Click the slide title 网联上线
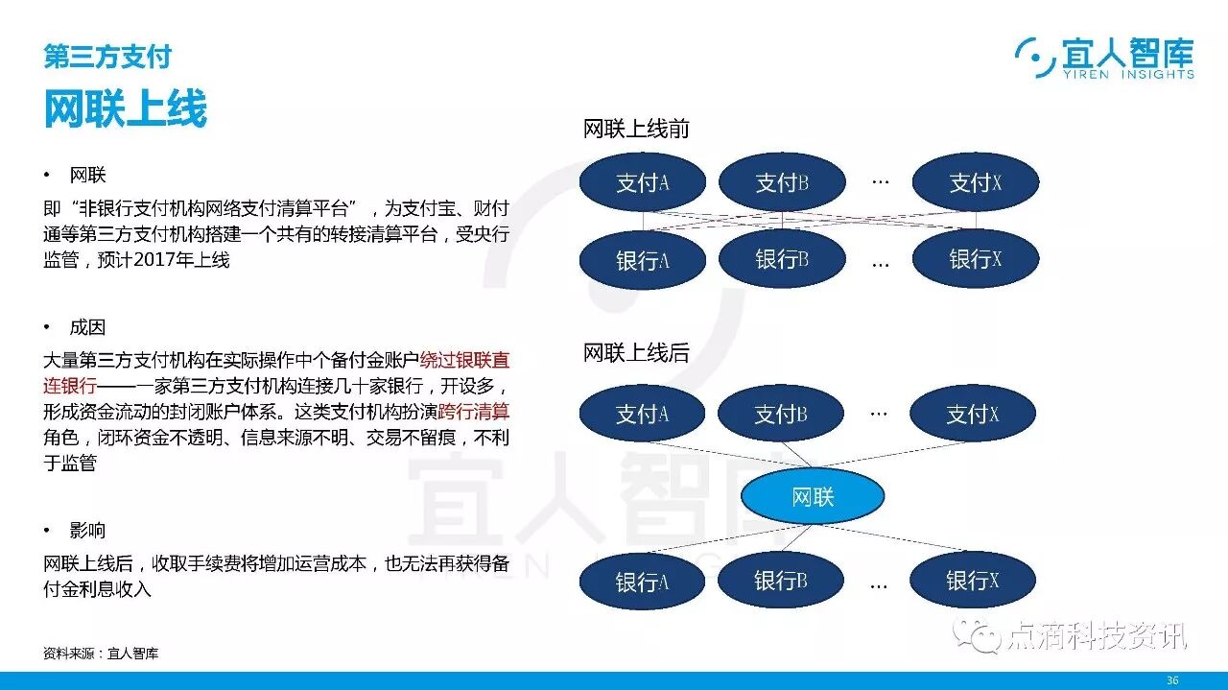click(126, 109)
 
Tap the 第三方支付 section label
click(107, 57)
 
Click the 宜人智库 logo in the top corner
click(1104, 59)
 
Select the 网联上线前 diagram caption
click(636, 130)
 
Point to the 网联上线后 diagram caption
click(636, 353)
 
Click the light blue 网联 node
click(812, 496)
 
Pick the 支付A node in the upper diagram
click(642, 182)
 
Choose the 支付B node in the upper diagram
click(782, 182)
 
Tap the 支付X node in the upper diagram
click(975, 182)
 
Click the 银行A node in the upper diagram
click(642, 260)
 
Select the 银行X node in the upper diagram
click(975, 259)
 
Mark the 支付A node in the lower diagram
click(642, 415)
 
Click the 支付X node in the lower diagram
click(973, 415)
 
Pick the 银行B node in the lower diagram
click(780, 580)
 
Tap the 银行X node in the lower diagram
click(973, 580)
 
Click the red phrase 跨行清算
click(473, 412)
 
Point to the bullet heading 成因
click(87, 327)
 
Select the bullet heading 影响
click(87, 531)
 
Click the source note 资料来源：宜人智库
click(101, 654)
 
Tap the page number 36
click(1171, 680)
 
